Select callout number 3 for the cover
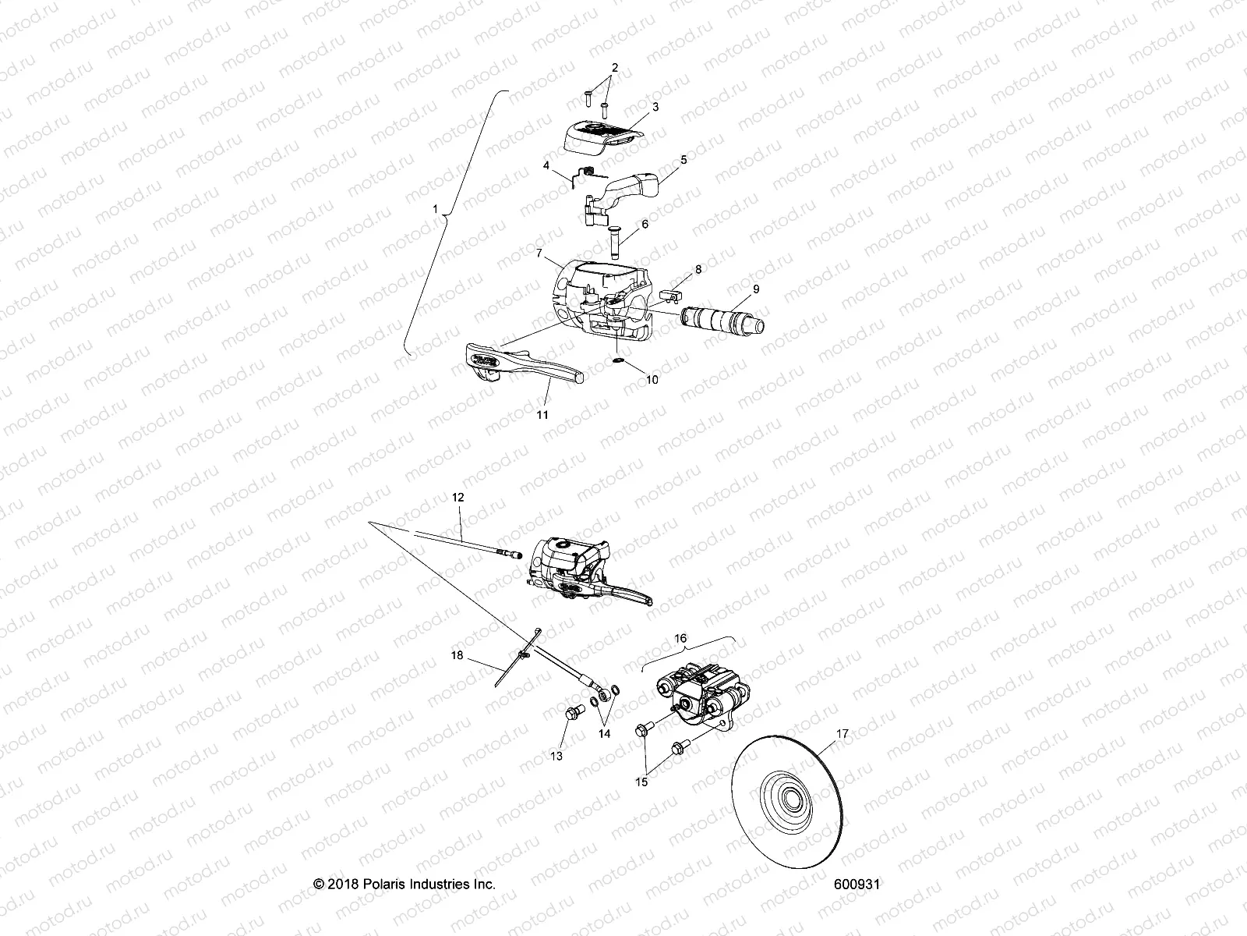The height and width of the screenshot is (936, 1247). (x=655, y=107)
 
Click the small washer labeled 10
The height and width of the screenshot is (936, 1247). (x=618, y=362)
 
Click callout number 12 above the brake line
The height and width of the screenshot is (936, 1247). (x=457, y=496)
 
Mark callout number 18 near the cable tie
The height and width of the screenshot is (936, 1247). (x=457, y=656)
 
